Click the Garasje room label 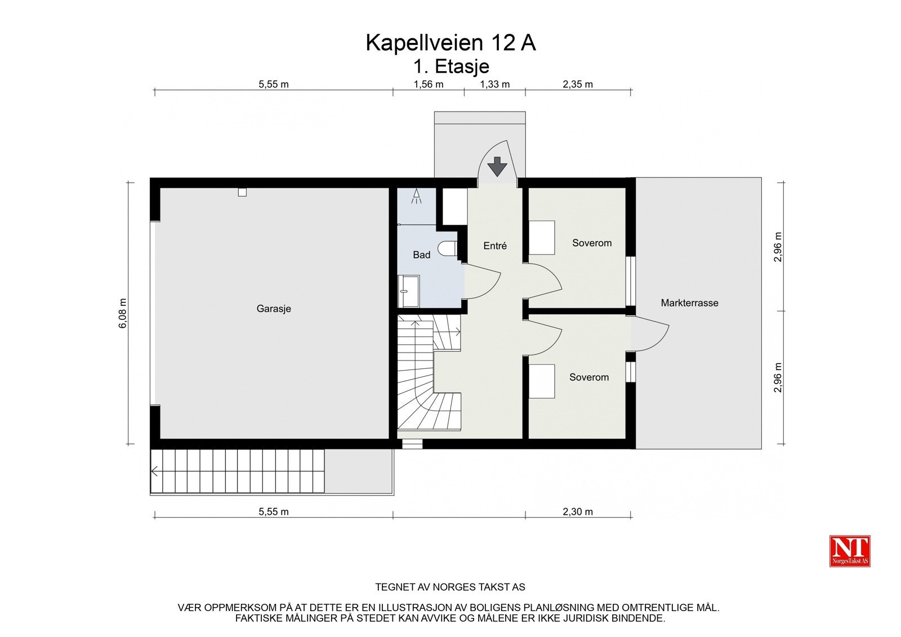point(274,309)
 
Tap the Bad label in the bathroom point(421,255)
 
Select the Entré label point(495,246)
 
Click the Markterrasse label point(689,303)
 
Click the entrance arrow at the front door point(497,167)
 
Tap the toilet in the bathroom point(448,249)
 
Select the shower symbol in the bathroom point(417,197)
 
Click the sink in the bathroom point(408,291)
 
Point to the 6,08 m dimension point(123,313)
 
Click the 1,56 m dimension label point(429,84)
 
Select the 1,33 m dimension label point(494,84)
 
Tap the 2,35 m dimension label point(578,84)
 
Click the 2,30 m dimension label point(578,512)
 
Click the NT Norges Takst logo point(850,551)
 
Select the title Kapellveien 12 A point(450,43)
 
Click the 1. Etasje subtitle point(451,66)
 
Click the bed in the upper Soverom point(542,238)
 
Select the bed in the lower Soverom point(542,381)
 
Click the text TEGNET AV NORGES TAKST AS point(450,587)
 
